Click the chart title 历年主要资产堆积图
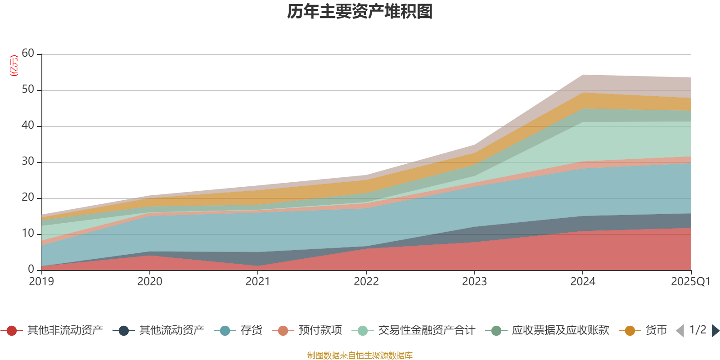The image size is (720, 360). pyautogui.click(x=360, y=12)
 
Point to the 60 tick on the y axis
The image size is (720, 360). pyautogui.click(x=28, y=54)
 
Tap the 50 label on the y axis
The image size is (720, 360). pyautogui.click(x=28, y=90)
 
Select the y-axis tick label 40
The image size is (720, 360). pyautogui.click(x=28, y=126)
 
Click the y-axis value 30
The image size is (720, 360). pyautogui.click(x=28, y=162)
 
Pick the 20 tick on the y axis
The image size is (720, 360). pyautogui.click(x=28, y=198)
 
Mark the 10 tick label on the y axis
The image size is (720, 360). pyautogui.click(x=28, y=234)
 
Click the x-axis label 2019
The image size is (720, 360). pyautogui.click(x=41, y=282)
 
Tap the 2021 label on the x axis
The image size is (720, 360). pyautogui.click(x=258, y=282)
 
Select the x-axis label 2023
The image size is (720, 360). pyautogui.click(x=474, y=282)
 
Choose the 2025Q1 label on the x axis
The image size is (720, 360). pyautogui.click(x=690, y=282)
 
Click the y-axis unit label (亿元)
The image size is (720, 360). pyautogui.click(x=14, y=66)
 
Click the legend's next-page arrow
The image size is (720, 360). pyautogui.click(x=715, y=331)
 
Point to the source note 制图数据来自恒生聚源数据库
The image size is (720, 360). pyautogui.click(x=360, y=355)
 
